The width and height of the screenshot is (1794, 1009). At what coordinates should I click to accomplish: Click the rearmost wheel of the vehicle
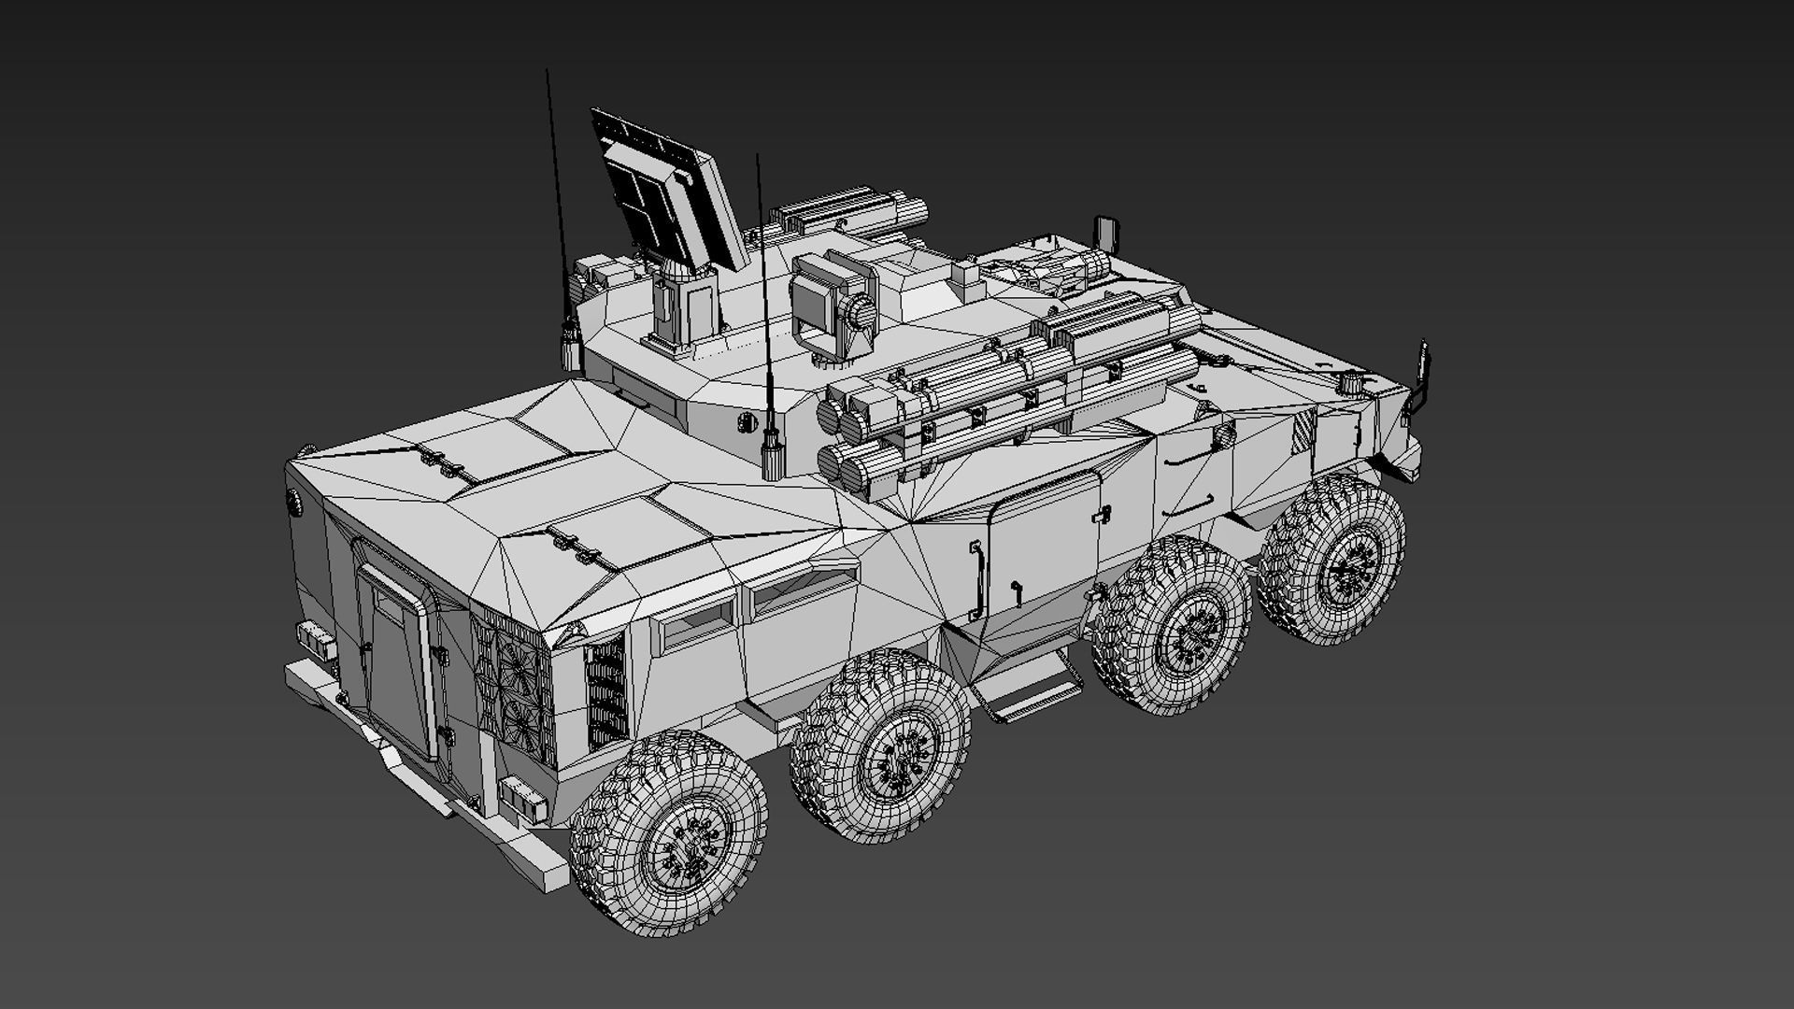(x=669, y=833)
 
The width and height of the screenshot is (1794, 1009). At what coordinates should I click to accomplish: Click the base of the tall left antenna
(x=568, y=346)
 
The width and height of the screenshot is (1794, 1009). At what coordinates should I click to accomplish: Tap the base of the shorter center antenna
(x=771, y=455)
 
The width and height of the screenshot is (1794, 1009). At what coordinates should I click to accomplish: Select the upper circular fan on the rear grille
(x=516, y=664)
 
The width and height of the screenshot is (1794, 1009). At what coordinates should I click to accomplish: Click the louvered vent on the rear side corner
(x=606, y=691)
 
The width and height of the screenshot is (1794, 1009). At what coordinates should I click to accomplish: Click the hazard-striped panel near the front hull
(x=1303, y=429)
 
